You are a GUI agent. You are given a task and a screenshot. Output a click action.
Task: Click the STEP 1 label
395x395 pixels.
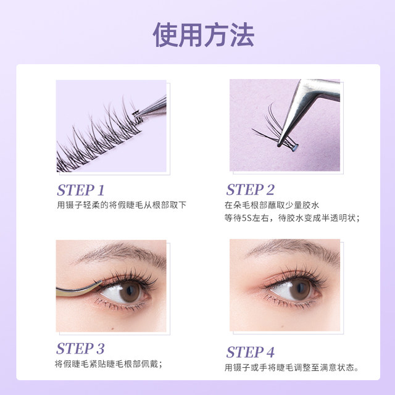(81, 189)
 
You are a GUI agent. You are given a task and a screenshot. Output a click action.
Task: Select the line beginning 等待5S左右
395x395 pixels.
(293, 218)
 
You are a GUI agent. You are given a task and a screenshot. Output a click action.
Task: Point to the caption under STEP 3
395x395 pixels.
(109, 364)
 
